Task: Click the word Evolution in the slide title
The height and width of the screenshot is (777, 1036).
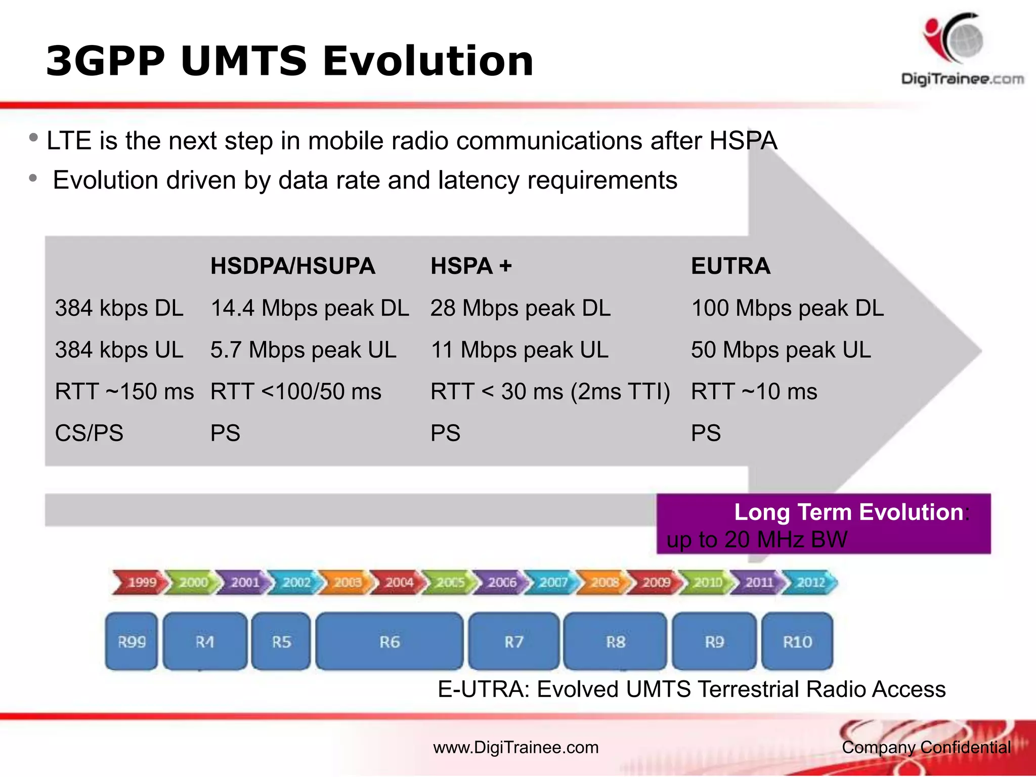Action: (428, 61)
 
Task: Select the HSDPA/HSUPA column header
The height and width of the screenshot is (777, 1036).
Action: (292, 266)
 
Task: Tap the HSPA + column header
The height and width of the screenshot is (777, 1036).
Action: (471, 266)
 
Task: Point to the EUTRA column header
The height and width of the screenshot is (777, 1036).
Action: (730, 266)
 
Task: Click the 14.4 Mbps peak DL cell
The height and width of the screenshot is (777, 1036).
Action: (310, 308)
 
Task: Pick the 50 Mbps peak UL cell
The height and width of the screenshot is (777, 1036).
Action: (781, 350)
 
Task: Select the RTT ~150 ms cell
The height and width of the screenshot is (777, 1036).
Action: (124, 392)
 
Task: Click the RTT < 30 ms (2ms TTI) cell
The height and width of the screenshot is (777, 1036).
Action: (550, 392)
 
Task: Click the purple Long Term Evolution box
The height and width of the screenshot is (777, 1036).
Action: (823, 524)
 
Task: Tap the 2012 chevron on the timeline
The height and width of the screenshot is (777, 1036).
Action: (810, 582)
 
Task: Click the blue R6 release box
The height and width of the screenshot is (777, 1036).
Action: (390, 641)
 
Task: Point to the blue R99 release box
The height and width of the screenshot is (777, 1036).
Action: (132, 641)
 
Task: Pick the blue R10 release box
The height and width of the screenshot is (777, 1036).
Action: (797, 641)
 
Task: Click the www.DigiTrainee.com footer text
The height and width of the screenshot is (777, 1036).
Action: (515, 747)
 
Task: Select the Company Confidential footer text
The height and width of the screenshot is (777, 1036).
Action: (926, 747)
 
